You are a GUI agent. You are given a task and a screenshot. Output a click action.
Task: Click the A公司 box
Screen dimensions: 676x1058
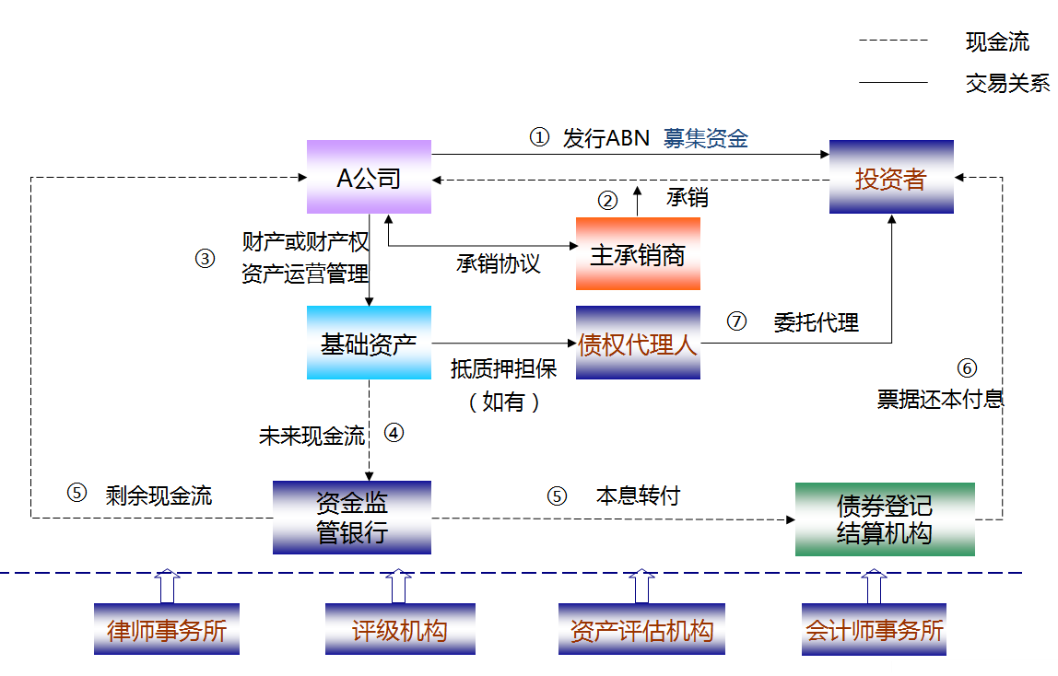369,177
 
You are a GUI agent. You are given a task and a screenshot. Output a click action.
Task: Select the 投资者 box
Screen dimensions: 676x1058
891,177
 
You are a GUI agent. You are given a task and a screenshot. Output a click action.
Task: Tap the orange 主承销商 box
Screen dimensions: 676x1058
638,254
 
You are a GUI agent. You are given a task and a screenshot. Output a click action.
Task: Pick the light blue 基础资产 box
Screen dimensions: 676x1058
369,343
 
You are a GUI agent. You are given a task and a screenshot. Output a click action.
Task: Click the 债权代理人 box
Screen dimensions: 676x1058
638,344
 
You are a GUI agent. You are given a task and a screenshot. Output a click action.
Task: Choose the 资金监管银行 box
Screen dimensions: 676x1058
352,518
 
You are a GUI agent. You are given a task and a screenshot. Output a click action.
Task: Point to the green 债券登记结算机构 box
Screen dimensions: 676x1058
885,519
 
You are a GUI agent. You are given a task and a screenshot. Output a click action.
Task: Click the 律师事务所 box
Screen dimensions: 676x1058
167,630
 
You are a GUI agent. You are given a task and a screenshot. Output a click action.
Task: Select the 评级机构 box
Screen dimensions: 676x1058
400,630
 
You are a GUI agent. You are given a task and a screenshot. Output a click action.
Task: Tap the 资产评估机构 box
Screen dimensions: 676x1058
641,630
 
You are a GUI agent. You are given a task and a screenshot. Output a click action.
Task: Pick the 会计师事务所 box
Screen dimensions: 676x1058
874,630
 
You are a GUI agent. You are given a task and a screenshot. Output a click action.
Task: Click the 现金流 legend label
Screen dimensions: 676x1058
997,41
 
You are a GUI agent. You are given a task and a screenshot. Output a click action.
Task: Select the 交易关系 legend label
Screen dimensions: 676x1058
1007,83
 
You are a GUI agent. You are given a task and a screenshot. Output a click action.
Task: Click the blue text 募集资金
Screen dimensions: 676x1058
706,139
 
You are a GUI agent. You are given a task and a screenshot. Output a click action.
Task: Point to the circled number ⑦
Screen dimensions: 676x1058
735,321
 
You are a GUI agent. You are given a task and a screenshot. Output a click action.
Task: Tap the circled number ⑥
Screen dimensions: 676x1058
967,368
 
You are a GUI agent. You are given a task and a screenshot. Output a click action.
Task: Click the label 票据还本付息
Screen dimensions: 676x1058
940,399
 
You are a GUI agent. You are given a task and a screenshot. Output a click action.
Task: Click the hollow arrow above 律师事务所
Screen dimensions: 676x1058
167,586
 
